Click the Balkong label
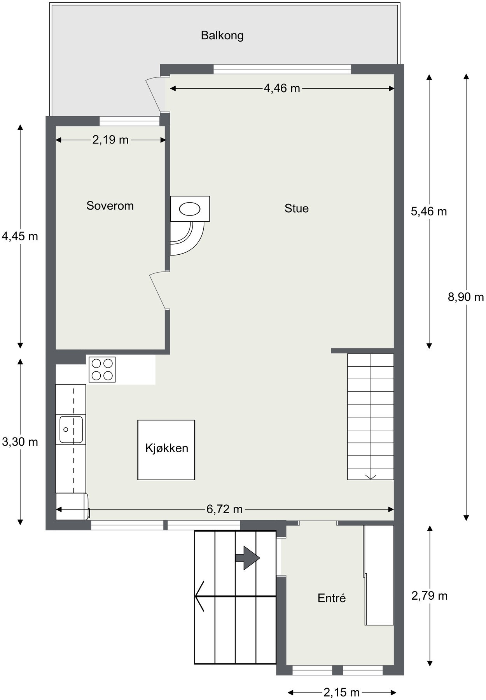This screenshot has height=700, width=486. pos(222,35)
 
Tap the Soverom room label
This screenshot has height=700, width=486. pos(110,206)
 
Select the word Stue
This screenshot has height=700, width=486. pos(296,208)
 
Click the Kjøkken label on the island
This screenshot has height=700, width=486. pos(166,448)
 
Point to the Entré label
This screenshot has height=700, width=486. pos(331,598)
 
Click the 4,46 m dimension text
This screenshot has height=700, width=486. pos(281,89)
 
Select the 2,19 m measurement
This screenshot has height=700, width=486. pos(110,140)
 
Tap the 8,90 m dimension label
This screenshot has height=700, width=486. pos(465,297)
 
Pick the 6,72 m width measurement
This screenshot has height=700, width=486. pos(224,509)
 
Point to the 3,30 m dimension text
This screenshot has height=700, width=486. pos(20,442)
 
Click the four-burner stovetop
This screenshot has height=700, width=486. pos(102,369)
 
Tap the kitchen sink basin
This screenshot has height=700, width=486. pos(71,429)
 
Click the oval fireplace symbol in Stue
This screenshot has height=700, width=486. pos(190,209)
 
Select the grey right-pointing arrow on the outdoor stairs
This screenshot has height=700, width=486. pos(247,558)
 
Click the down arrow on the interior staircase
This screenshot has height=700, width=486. pos(371,476)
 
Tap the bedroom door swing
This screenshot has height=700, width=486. pos(159,290)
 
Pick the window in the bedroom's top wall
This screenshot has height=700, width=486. pos(129,121)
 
